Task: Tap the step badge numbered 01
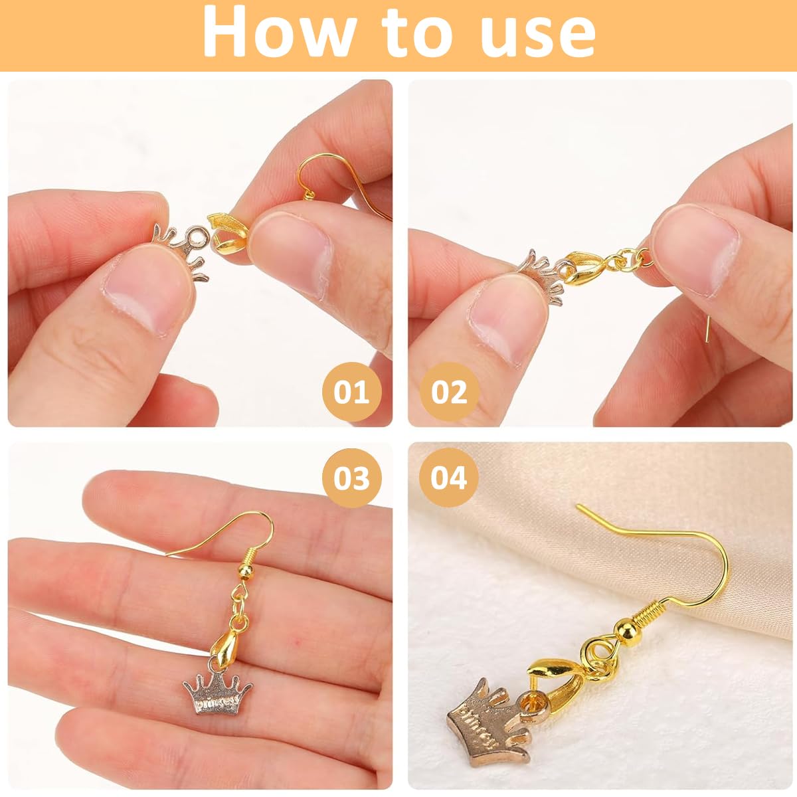[x=352, y=392]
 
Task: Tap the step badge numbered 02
[x=450, y=392]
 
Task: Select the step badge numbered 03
[x=352, y=478]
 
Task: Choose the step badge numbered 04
[x=449, y=478]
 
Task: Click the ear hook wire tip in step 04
[x=580, y=507]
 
